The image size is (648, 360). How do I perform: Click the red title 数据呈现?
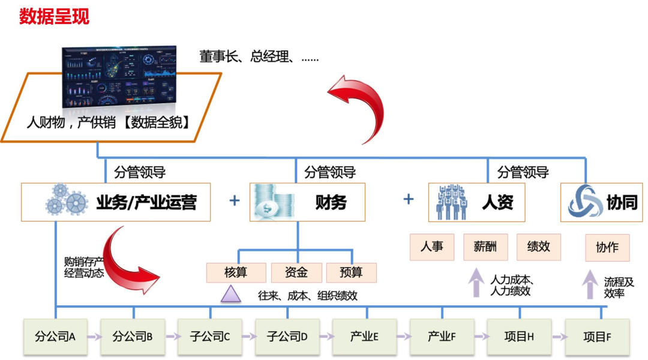click(x=54, y=16)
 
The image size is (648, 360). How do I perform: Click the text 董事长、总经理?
click(x=259, y=57)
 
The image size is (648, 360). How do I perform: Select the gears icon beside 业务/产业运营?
click(x=66, y=200)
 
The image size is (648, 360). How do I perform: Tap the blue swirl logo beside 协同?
click(x=585, y=202)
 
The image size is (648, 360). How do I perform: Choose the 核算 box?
click(x=236, y=272)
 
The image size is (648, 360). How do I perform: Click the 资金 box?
click(x=296, y=272)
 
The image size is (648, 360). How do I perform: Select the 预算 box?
click(x=351, y=272)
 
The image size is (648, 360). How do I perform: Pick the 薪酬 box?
click(x=485, y=247)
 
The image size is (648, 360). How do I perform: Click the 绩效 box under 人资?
click(x=538, y=247)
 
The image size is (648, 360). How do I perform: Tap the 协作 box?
click(x=607, y=247)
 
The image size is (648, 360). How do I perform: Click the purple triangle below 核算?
click(x=230, y=294)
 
